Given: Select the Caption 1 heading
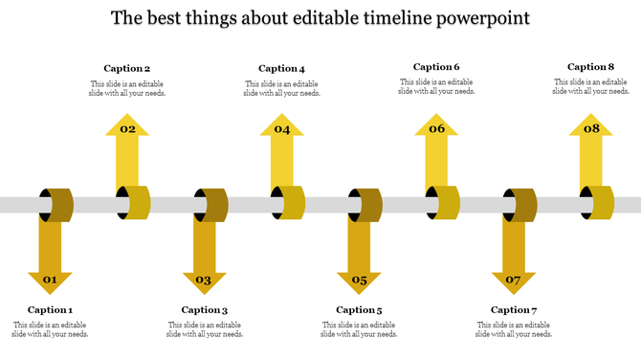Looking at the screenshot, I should [x=50, y=309].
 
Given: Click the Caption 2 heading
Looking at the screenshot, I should [x=127, y=68].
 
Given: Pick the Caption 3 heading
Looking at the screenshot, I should [x=205, y=309].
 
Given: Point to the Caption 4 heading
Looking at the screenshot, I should [x=281, y=68].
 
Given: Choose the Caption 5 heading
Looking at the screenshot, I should [x=359, y=309].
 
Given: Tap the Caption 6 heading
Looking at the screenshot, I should [x=436, y=67].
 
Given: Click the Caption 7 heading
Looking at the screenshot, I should [x=514, y=309].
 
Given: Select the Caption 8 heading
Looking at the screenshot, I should [x=590, y=67].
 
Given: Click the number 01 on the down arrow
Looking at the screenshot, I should [x=50, y=281].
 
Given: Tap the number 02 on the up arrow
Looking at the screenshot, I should [x=127, y=128].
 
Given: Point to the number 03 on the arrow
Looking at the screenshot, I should [x=204, y=281].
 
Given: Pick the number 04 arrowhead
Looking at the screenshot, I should [x=281, y=128].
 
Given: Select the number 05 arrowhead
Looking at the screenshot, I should [x=359, y=281].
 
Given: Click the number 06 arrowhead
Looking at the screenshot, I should [x=436, y=128].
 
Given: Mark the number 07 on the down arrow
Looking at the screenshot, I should [x=513, y=281].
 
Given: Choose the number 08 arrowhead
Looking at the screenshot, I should [x=591, y=128].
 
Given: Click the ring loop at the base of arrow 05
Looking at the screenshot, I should [x=365, y=205].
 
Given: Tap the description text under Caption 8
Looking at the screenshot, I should [x=590, y=87].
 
